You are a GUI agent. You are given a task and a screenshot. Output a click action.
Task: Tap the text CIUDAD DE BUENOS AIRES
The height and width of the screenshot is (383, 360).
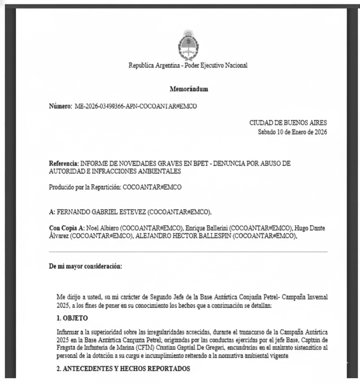coord(288,123)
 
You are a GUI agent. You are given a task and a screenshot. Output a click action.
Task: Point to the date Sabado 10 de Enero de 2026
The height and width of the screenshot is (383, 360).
coord(292,132)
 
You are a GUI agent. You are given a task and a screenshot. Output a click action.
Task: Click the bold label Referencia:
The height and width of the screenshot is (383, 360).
coord(64,164)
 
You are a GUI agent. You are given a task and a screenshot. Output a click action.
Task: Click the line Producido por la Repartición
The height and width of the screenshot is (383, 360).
coord(115,187)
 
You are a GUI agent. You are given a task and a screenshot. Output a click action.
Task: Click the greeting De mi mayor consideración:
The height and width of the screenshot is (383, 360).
coord(85,267)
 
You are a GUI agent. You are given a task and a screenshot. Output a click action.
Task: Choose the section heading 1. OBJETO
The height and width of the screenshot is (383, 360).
coord(73,318)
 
